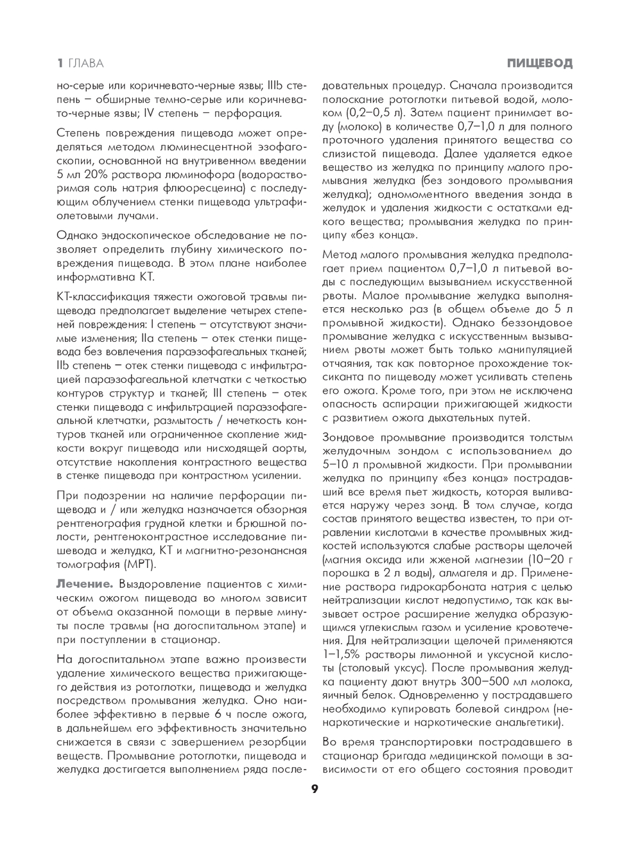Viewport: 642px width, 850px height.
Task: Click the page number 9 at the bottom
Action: click(x=315, y=790)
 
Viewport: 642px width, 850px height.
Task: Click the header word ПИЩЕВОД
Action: click(x=539, y=63)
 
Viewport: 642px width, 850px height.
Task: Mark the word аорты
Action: click(x=282, y=448)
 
